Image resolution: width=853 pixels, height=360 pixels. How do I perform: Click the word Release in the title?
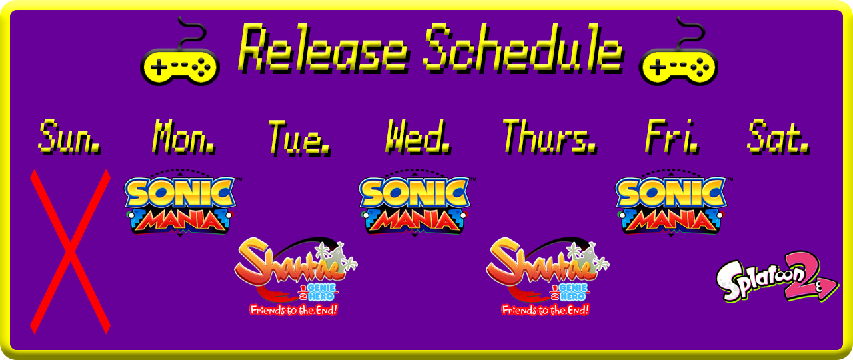click(323, 47)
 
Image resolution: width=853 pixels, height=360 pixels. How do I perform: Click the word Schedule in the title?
click(523, 47)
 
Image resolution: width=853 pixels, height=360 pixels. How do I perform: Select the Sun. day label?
click(70, 137)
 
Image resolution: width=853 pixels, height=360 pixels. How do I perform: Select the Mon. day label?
click(184, 137)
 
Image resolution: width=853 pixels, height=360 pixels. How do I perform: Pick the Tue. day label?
click(299, 138)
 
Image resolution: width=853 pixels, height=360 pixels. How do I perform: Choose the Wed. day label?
click(418, 137)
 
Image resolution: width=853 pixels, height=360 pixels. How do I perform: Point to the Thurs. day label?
click(550, 137)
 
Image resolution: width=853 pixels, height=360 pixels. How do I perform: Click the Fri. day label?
click(672, 137)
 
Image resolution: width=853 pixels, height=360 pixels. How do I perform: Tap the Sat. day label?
click(778, 137)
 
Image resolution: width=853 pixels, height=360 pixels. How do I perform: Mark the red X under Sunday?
click(71, 251)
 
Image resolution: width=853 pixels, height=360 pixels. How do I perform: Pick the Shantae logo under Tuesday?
click(295, 276)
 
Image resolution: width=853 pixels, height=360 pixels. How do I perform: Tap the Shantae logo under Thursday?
click(547, 276)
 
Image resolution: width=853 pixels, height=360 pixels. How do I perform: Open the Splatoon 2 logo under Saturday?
click(777, 277)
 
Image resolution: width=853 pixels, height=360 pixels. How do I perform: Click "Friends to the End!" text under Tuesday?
click(294, 310)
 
